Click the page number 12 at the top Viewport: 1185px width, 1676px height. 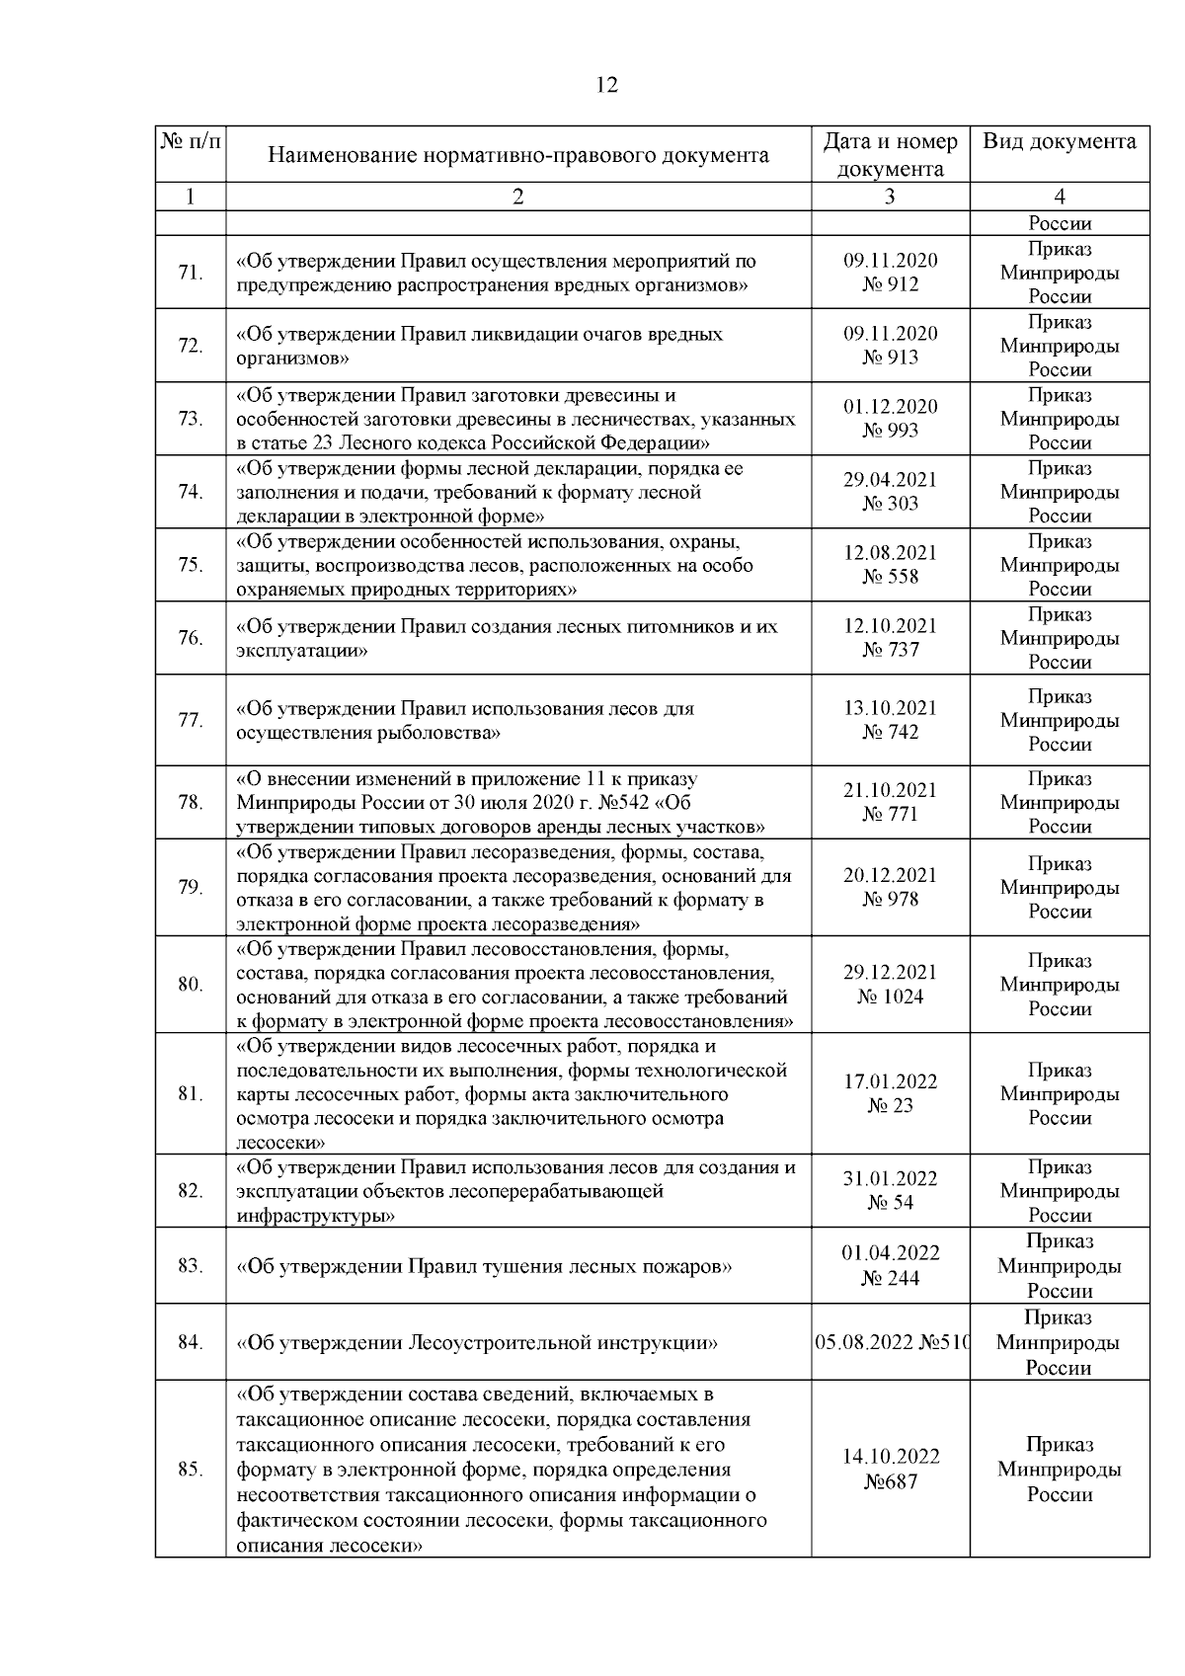tap(607, 86)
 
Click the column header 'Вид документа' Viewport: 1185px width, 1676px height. tap(1059, 141)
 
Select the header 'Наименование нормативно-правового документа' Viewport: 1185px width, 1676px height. tap(518, 155)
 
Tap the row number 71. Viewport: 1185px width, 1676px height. tap(191, 273)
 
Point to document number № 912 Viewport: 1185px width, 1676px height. tap(890, 284)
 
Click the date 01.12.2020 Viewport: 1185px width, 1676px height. tap(890, 406)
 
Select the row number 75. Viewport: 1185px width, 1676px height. tap(191, 565)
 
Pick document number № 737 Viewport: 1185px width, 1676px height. tap(890, 650)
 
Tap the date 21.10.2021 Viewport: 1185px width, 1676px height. tap(890, 790)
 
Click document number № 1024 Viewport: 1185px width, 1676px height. tap(890, 997)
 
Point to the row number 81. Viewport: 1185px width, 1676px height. tap(191, 1094)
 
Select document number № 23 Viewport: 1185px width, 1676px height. tap(890, 1106)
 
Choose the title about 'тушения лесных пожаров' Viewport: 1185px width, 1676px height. tap(484, 1266)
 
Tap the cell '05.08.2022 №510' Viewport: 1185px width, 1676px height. tap(892, 1343)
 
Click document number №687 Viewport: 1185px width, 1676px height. tap(890, 1481)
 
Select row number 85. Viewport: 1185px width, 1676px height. tap(191, 1470)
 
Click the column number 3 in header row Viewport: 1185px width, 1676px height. tap(890, 197)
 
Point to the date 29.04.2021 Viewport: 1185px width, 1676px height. tap(890, 479)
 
